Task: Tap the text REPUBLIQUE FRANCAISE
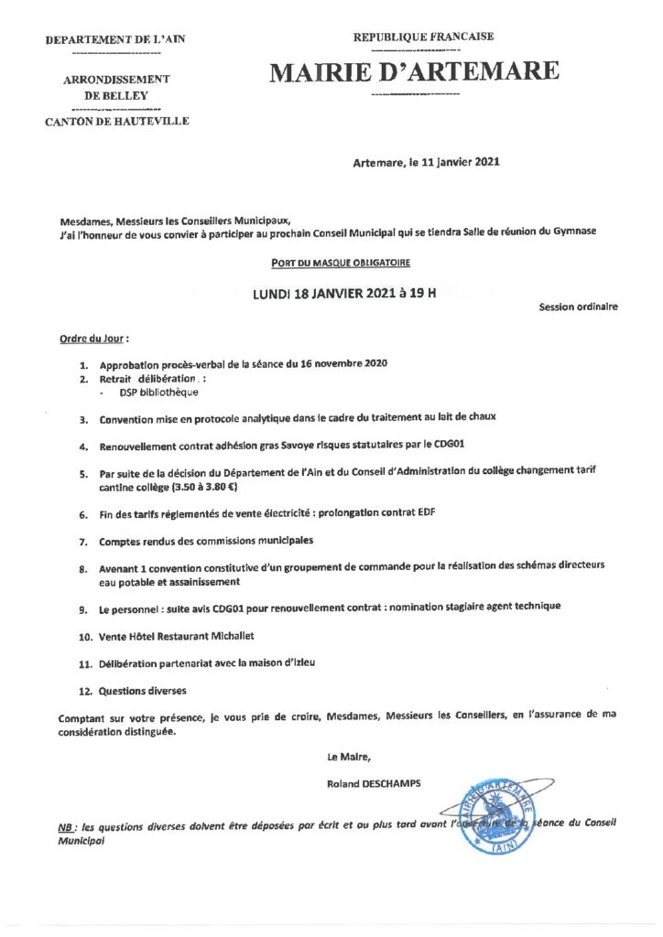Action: (x=424, y=37)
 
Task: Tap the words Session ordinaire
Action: (x=578, y=307)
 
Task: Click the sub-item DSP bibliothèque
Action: (x=158, y=392)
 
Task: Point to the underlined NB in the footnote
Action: (x=65, y=825)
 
